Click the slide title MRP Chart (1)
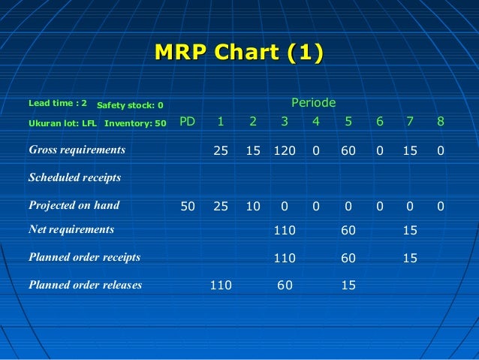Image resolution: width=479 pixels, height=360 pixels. pos(239,53)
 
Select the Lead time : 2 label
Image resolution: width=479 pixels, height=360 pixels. pos(58,102)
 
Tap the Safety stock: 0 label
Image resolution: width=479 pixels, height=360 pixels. pos(130,105)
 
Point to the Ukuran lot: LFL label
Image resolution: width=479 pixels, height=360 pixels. pos(62,123)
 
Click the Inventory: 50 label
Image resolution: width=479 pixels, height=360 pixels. pos(135,123)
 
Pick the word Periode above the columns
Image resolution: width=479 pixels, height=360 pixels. pos(313,102)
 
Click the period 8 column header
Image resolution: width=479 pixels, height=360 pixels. pos(441,122)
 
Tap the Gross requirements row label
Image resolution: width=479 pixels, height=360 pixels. pos(77,150)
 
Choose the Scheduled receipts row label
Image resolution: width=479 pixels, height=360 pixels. pos(74,178)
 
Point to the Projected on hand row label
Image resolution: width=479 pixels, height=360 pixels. pos(74,205)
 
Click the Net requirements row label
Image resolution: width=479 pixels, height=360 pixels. pos(71,229)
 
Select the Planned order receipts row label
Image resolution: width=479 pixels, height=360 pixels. pos(84,257)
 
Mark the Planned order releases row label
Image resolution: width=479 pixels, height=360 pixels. pos(85,285)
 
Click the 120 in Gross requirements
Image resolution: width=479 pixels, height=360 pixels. pos(285,150)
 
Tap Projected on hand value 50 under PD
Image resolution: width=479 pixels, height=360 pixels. pos(188,206)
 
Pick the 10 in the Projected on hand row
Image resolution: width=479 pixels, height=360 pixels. pos(253,206)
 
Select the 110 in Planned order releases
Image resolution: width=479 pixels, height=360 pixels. pos(221,286)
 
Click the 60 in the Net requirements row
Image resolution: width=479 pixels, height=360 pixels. pos(348,230)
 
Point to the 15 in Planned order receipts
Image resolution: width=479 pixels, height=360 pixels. pos(410,258)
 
